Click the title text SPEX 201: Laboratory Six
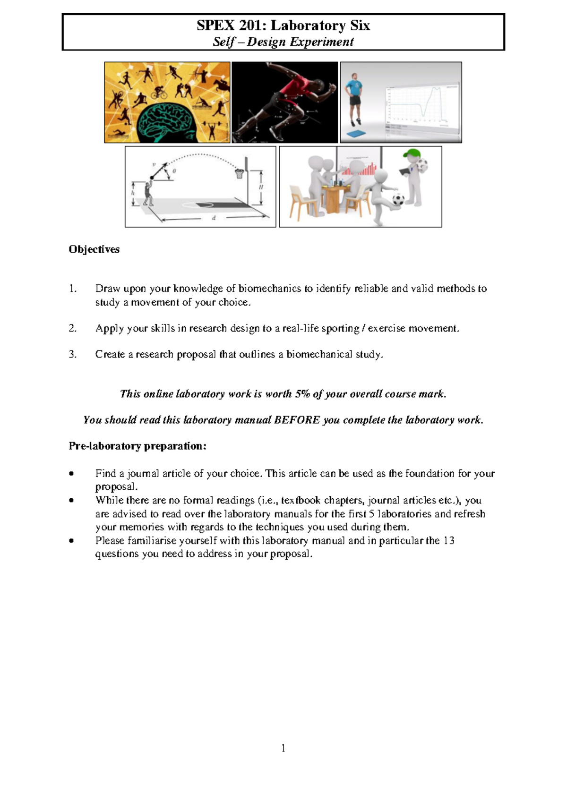point(283,26)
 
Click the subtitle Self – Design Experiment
point(283,42)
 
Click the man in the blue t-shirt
point(354,97)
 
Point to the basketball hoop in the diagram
point(241,172)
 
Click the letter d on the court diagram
point(214,218)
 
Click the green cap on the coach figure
point(413,154)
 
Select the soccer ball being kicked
point(398,199)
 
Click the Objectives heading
point(94,249)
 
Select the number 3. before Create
point(72,354)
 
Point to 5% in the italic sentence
point(302,394)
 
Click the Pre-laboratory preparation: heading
point(137,446)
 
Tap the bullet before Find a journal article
point(71,473)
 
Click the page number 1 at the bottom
point(283,748)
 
